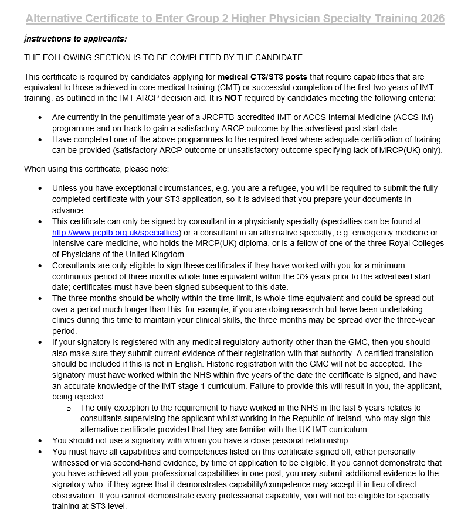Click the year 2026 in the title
click(432, 19)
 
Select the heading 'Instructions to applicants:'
click(76, 39)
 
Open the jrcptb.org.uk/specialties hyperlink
click(115, 233)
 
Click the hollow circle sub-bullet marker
click(69, 408)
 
